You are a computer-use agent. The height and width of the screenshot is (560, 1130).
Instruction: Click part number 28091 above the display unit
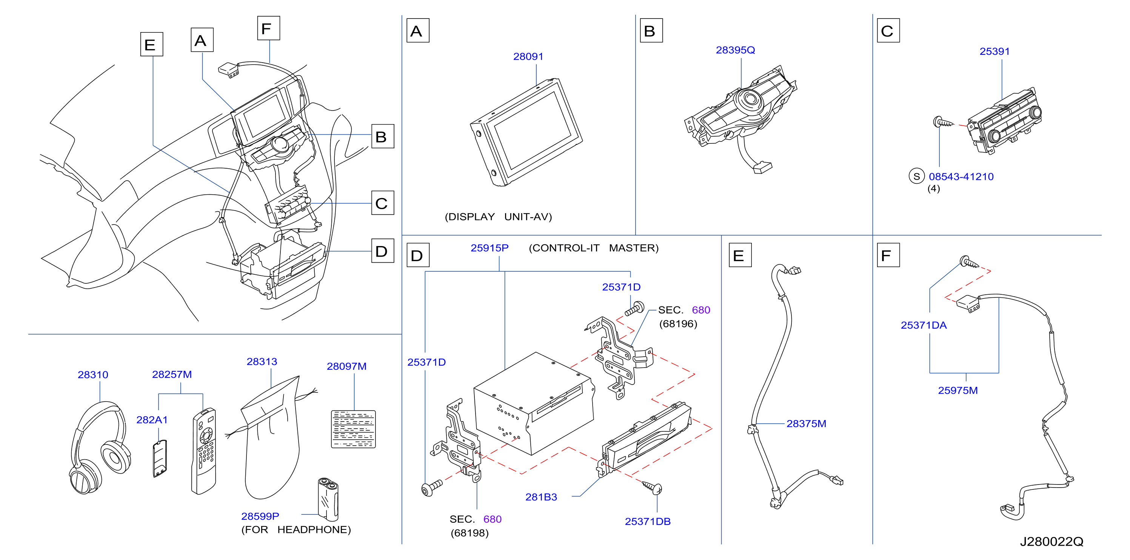tap(528, 57)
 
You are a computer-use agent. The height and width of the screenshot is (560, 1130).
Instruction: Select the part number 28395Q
tap(735, 50)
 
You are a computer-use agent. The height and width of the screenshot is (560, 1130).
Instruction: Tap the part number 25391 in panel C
tap(995, 51)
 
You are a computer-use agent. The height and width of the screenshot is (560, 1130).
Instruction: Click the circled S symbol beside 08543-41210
tap(916, 176)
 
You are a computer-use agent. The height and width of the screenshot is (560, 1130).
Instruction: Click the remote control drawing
tap(204, 451)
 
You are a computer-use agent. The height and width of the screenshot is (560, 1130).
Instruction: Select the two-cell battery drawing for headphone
tap(328, 498)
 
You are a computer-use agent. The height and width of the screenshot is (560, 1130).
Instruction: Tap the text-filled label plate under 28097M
tap(353, 429)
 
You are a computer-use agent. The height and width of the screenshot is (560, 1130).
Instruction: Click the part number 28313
tap(262, 362)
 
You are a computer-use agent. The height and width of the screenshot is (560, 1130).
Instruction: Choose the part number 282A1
tap(152, 420)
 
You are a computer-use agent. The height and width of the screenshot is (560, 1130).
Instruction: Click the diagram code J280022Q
tap(1051, 542)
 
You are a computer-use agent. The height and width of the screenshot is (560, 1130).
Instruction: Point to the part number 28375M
tap(806, 424)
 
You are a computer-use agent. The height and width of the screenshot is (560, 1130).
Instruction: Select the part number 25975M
tap(958, 390)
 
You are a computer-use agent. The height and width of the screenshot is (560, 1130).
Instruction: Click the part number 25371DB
tap(648, 522)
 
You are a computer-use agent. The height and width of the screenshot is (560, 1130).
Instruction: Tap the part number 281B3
tap(541, 497)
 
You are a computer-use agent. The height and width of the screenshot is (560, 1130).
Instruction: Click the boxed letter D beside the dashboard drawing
tap(382, 251)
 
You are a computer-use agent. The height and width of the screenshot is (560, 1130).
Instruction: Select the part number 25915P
tap(490, 248)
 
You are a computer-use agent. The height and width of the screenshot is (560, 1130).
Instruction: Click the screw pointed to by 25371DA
tap(969, 262)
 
